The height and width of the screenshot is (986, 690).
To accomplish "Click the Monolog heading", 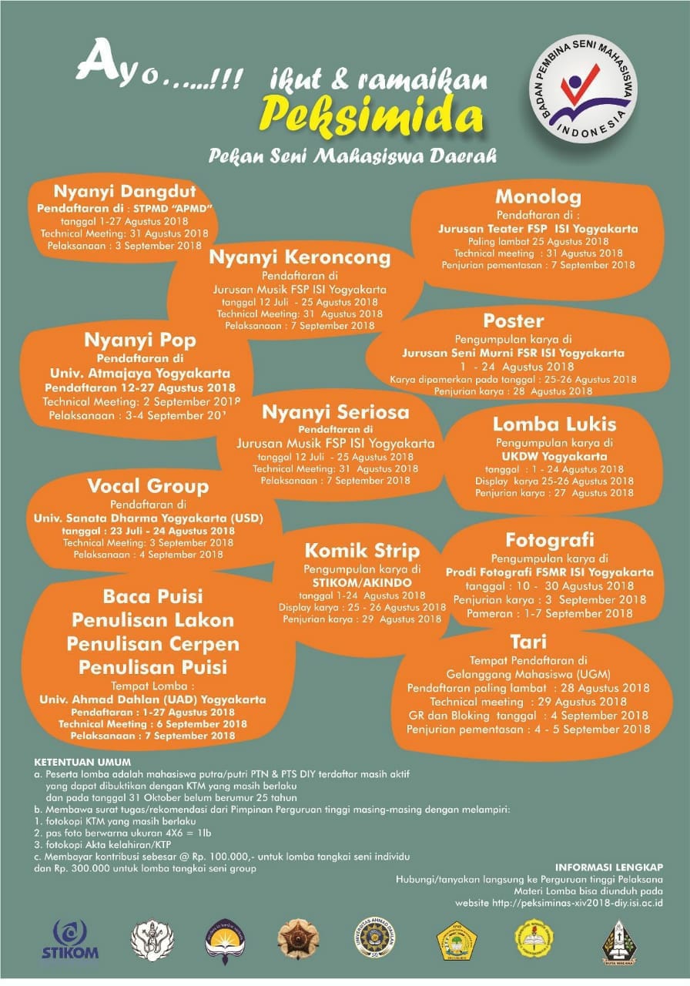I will pyautogui.click(x=538, y=197).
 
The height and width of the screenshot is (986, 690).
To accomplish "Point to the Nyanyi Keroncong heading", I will pyautogui.click(x=300, y=257).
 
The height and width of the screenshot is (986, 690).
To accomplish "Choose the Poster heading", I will pyautogui.click(x=514, y=320).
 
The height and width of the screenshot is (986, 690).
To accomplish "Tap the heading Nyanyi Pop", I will pyautogui.click(x=140, y=340).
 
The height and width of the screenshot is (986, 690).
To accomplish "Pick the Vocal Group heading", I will pyautogui.click(x=148, y=486).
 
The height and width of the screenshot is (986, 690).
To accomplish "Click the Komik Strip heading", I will pyautogui.click(x=362, y=551).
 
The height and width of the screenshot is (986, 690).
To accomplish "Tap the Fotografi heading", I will pyautogui.click(x=550, y=539).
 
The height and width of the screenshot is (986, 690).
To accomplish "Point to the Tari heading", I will pyautogui.click(x=528, y=642).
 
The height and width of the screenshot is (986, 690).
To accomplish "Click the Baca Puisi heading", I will pyautogui.click(x=152, y=596).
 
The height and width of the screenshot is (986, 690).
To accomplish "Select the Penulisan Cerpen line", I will pyautogui.click(x=152, y=643).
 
